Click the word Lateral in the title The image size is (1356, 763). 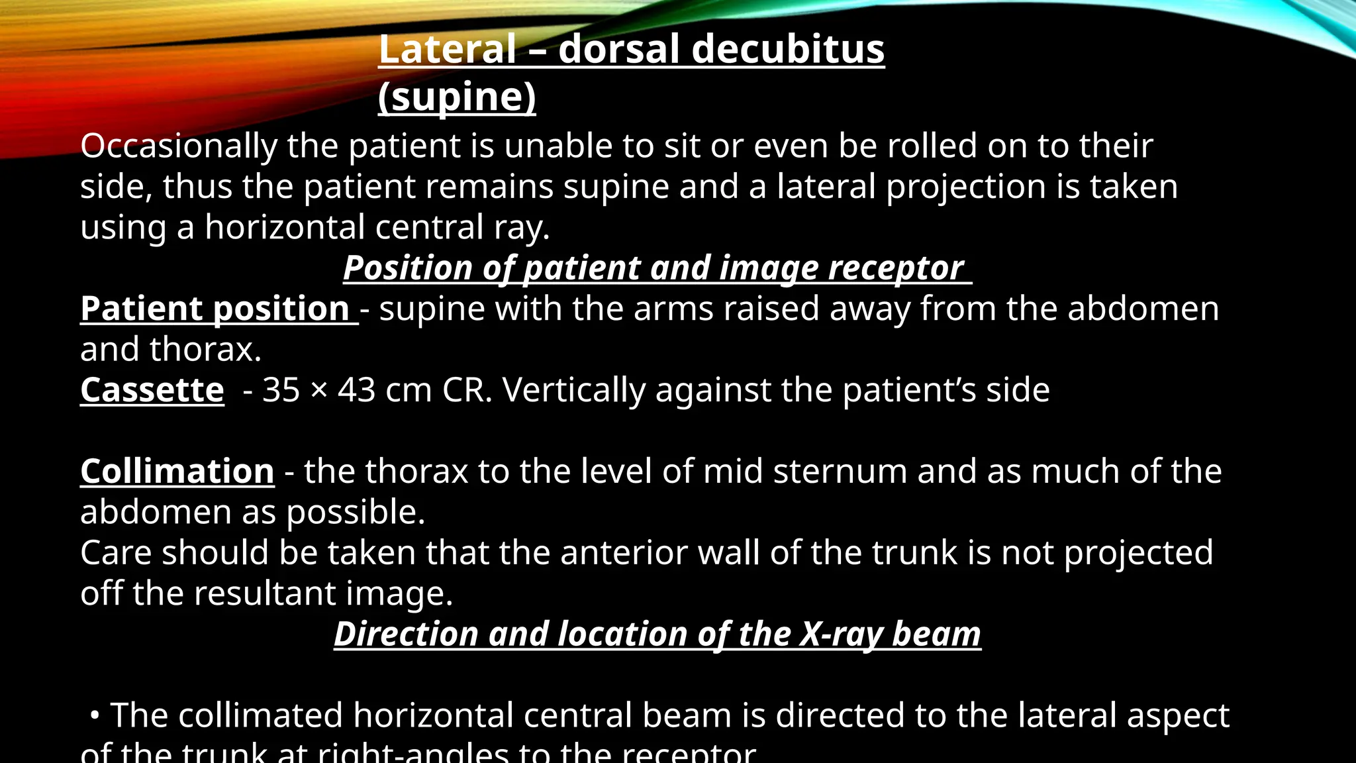click(x=447, y=50)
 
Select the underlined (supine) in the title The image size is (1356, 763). click(x=457, y=97)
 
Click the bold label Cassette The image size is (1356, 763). click(x=152, y=390)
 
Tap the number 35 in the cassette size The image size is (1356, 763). click(x=281, y=390)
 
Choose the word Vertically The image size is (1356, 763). click(x=573, y=391)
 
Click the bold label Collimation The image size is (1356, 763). click(x=177, y=472)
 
